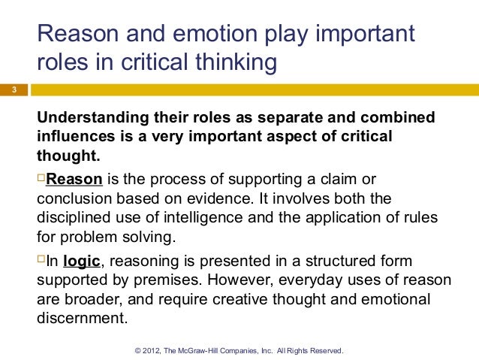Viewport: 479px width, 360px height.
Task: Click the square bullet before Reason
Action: [41, 179]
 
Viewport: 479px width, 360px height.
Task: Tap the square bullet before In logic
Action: [41, 260]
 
